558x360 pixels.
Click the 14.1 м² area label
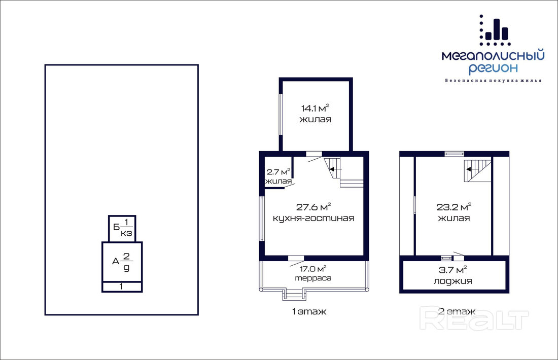[315, 108]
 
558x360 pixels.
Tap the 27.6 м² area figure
[313, 207]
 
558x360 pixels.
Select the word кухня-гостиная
[313, 218]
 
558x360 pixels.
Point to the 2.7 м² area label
[278, 172]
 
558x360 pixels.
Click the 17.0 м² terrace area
[313, 269]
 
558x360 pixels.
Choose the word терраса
[313, 278]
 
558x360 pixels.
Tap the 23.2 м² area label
[454, 207]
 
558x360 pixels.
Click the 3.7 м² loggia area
[452, 270]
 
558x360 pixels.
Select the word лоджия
[452, 281]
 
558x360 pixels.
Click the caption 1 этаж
[309, 312]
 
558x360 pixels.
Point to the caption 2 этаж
[457, 312]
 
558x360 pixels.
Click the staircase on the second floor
[478, 170]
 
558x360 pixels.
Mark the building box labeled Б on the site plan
[122, 229]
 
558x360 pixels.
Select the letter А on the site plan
[116, 262]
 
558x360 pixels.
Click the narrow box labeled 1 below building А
[122, 286]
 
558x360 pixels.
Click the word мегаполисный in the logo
[493, 56]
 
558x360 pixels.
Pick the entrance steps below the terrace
[294, 295]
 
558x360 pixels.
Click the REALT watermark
[474, 318]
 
